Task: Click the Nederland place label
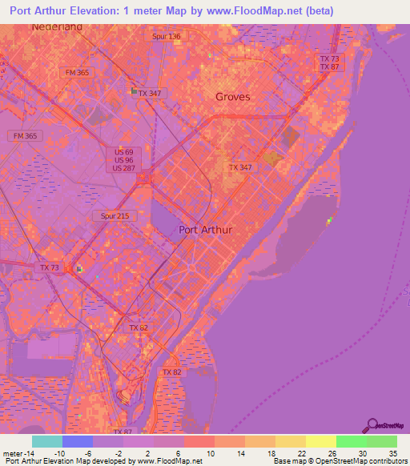tap(57, 26)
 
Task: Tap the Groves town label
tap(233, 97)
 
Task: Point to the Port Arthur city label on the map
tap(206, 230)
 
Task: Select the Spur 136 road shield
tap(167, 37)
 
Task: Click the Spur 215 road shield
tap(114, 216)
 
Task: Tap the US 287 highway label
tap(123, 167)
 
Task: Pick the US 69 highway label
tap(123, 151)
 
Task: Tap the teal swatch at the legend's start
tap(47, 441)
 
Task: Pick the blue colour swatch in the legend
tap(78, 441)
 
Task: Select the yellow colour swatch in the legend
tap(321, 441)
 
